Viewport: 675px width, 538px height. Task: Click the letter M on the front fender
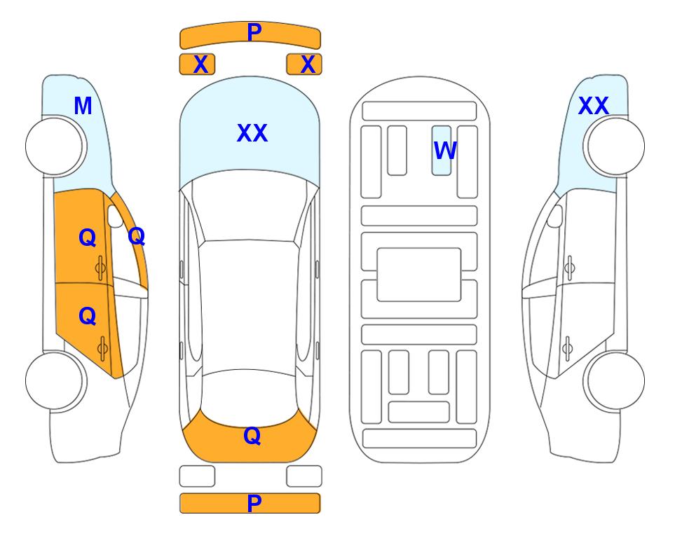[83, 106]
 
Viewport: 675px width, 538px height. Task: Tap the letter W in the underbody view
[445, 151]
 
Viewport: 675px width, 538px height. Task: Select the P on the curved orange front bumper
[254, 32]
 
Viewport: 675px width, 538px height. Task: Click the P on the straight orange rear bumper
[254, 503]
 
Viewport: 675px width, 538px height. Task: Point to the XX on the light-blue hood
[252, 133]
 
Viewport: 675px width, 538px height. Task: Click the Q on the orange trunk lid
[252, 436]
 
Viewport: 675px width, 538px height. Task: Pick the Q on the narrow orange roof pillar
[137, 236]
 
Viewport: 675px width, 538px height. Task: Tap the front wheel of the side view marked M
[55, 146]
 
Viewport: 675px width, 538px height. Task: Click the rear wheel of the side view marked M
[55, 380]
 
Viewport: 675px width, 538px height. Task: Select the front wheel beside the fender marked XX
[615, 146]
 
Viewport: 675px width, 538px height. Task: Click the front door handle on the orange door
[100, 268]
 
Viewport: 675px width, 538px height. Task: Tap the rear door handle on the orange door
[102, 349]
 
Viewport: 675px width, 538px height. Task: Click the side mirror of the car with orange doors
[115, 216]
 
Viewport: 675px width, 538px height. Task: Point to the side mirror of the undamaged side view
[555, 216]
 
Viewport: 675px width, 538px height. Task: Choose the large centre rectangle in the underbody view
[419, 275]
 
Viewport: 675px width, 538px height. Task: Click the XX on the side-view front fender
[594, 106]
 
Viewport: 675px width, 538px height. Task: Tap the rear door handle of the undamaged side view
[567, 349]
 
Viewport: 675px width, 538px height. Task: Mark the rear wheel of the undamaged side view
[615, 380]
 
